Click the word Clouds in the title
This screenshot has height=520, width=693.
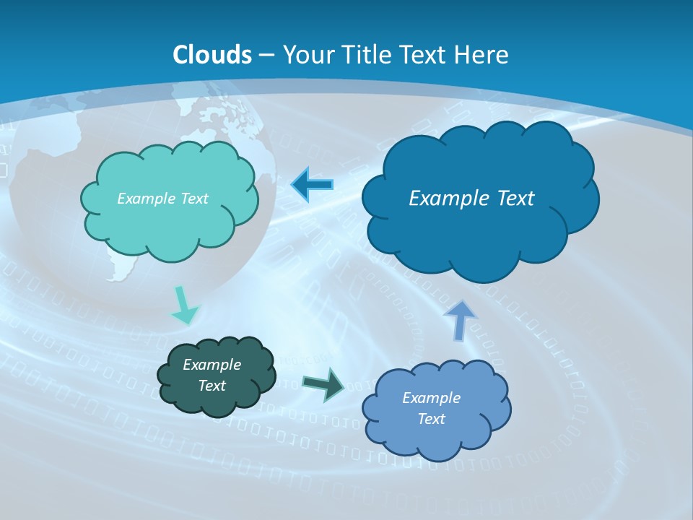point(212,55)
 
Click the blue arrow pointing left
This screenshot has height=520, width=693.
point(312,185)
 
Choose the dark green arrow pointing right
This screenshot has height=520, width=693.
point(323,383)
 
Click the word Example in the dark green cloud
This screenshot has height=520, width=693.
point(212,365)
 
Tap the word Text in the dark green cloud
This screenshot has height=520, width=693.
point(212,386)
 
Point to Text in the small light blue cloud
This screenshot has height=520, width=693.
point(431,419)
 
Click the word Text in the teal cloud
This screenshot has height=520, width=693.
point(193,199)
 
